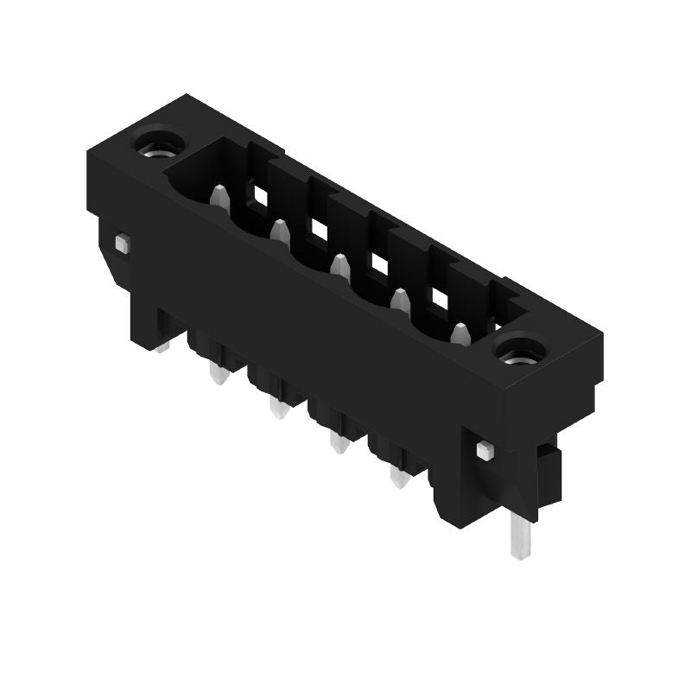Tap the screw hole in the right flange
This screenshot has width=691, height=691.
point(520,351)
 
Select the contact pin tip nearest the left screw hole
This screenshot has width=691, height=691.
point(220,198)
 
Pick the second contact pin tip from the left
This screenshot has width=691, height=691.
point(279,231)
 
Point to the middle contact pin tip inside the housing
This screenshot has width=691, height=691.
point(340,265)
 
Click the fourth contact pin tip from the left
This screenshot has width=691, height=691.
point(400,300)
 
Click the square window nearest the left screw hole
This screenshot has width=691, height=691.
point(259,195)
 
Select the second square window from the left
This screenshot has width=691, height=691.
point(320,230)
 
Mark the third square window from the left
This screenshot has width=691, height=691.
point(379,264)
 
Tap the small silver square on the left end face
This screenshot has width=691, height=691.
point(122,244)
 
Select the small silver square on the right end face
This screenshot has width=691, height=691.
point(485,450)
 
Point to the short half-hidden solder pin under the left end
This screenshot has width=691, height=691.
point(161,346)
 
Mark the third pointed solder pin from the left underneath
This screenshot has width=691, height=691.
point(339,444)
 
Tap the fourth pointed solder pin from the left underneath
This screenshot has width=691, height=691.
point(398,478)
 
